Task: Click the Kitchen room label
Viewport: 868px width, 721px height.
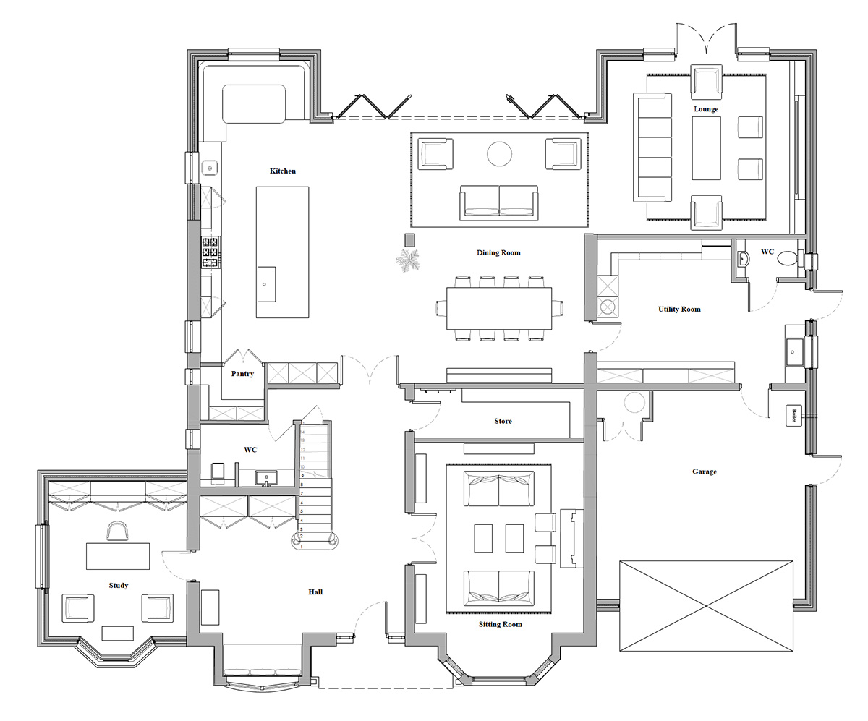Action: point(282,171)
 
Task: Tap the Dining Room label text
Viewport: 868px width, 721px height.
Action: point(498,253)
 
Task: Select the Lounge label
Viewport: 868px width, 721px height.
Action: point(706,109)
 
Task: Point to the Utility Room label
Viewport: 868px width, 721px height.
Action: point(678,310)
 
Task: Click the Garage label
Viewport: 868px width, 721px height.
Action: point(704,472)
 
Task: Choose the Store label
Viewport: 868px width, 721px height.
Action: point(503,421)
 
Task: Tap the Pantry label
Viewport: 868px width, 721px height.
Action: point(242,375)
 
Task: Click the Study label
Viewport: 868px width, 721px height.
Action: point(118,586)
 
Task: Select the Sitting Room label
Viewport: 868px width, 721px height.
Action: point(500,624)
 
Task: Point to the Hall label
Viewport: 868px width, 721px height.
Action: point(315,592)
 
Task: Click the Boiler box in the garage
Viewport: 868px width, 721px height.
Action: point(794,416)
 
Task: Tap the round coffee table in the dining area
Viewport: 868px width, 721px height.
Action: point(499,153)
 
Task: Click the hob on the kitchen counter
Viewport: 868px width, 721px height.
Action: point(210,252)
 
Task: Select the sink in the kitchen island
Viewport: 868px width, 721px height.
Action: point(266,284)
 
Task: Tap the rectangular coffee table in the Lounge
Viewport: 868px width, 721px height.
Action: point(706,148)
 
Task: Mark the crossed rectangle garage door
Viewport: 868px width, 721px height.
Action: point(706,606)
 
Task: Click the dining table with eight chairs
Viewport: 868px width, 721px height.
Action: point(499,308)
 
